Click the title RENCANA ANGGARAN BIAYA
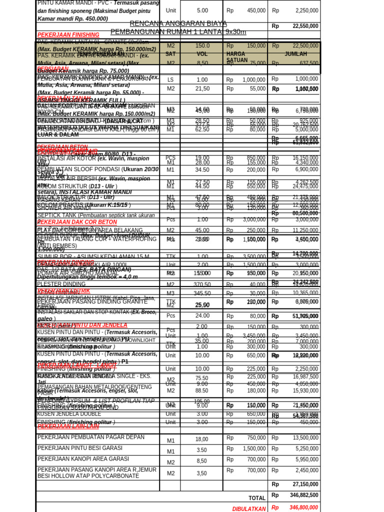tap(178, 23)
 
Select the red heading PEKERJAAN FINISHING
tap(68, 34)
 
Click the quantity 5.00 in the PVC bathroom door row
tap(202, 10)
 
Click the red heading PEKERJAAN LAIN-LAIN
tap(68, 426)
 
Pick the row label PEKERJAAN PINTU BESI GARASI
tap(80, 448)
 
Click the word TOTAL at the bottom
tap(257, 498)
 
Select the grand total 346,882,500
tap(303, 495)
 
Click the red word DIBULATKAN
tap(249, 508)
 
